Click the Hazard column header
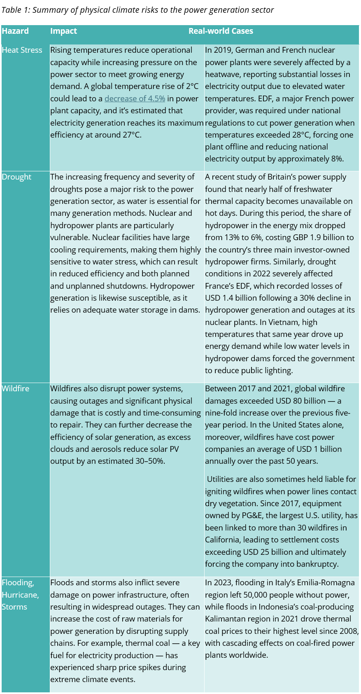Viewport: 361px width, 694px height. pos(15,31)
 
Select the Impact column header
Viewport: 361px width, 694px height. pos(63,31)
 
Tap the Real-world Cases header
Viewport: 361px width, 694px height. pos(221,31)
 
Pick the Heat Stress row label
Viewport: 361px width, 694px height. pos(22,50)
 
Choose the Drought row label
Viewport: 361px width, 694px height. pos(16,177)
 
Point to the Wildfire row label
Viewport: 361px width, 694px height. pos(16,389)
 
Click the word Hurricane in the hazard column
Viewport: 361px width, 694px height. pos(20,595)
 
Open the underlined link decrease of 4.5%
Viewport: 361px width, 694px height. pos(135,99)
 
